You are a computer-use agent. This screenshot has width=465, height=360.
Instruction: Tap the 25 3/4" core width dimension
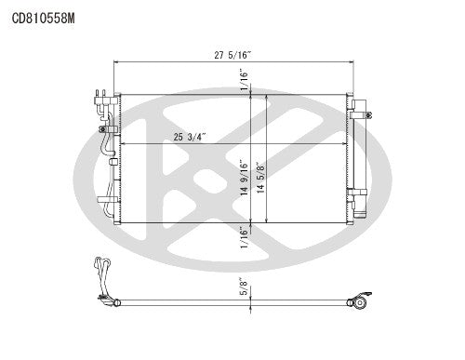point(189,138)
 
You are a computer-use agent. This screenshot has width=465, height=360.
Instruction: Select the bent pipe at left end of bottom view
point(100,279)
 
